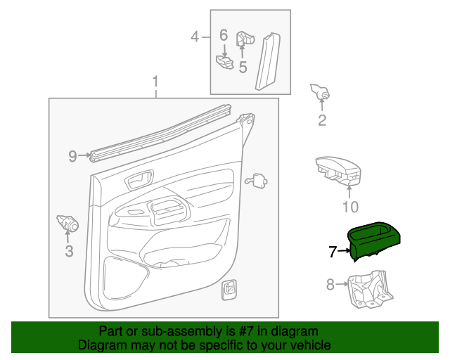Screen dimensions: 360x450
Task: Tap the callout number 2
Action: coord(322,120)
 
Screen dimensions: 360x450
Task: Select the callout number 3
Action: coord(69,251)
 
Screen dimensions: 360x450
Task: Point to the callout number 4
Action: coord(195,37)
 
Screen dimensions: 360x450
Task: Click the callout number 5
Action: coord(243,67)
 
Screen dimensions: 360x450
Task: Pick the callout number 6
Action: coord(224,34)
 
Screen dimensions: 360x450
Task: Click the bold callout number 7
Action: coord(333,250)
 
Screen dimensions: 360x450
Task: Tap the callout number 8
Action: coord(330,284)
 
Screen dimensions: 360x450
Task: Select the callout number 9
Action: coord(72,156)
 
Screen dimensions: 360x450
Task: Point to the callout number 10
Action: coord(349,206)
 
